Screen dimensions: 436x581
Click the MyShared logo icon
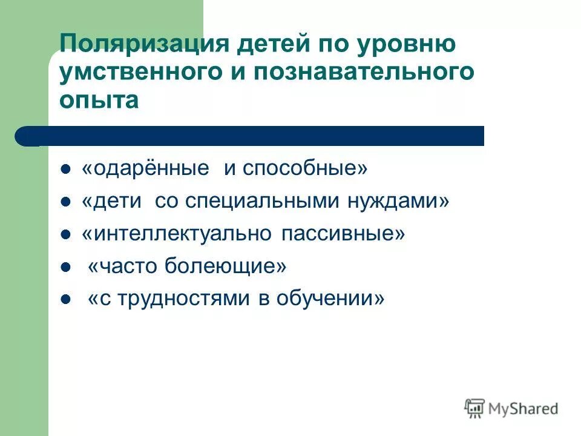point(474,408)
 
